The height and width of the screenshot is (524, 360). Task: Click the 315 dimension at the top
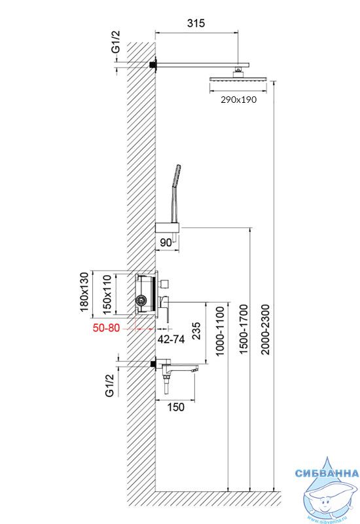point(196,23)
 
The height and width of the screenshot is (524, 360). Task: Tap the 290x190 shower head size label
point(238,100)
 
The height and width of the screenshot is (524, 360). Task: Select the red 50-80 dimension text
point(106,328)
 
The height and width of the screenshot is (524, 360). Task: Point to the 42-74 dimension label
point(171,339)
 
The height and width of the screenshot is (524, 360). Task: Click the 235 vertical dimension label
point(196,331)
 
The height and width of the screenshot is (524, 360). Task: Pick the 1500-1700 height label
point(243,329)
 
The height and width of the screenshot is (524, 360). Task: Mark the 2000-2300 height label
point(265,329)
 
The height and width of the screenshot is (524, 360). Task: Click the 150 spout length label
point(175,407)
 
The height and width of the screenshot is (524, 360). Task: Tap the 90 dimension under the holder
point(166,242)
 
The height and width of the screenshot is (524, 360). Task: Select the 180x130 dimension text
point(85,292)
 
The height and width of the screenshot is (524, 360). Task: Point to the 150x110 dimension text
point(107,294)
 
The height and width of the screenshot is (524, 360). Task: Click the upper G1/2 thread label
point(115,42)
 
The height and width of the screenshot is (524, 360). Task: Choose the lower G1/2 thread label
point(109,385)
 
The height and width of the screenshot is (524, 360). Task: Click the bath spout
point(177,368)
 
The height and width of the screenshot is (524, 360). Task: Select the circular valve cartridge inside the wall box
point(141,300)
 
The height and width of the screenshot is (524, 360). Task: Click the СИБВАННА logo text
point(327,473)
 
